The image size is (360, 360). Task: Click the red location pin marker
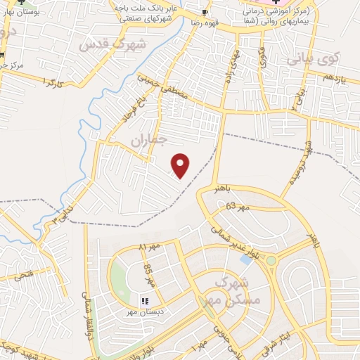click(x=181, y=165)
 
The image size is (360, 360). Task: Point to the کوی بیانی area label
click(x=314, y=58)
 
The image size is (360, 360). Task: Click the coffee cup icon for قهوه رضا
click(x=205, y=12)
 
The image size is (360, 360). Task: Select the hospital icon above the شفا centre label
click(x=276, y=4)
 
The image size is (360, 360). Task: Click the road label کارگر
click(x=53, y=83)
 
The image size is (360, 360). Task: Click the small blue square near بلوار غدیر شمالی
click(x=245, y=259)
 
